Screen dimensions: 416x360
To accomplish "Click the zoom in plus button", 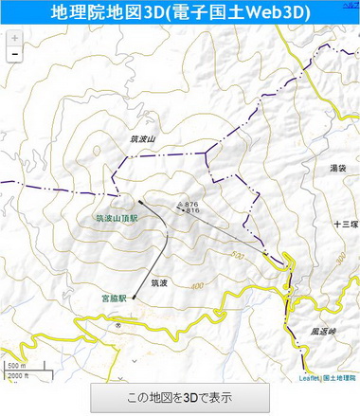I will click(x=14, y=39).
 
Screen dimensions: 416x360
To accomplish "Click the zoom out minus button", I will click(x=14, y=55).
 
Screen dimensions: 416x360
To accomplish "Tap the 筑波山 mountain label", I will click(x=142, y=138).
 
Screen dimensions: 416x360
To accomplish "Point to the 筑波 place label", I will click(x=159, y=282).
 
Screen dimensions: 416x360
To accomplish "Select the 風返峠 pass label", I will click(x=323, y=332).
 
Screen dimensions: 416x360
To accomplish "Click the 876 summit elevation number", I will click(x=192, y=204).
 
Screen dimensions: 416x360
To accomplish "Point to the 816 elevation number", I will click(x=192, y=210).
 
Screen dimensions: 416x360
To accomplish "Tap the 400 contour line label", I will click(x=196, y=285).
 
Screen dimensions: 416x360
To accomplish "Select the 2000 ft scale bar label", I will click(x=18, y=375).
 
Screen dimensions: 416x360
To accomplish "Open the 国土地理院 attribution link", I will click(x=340, y=378).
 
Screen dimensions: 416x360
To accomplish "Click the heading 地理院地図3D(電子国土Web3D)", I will click(x=180, y=12).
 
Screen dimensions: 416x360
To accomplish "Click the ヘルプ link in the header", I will click(x=351, y=4).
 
